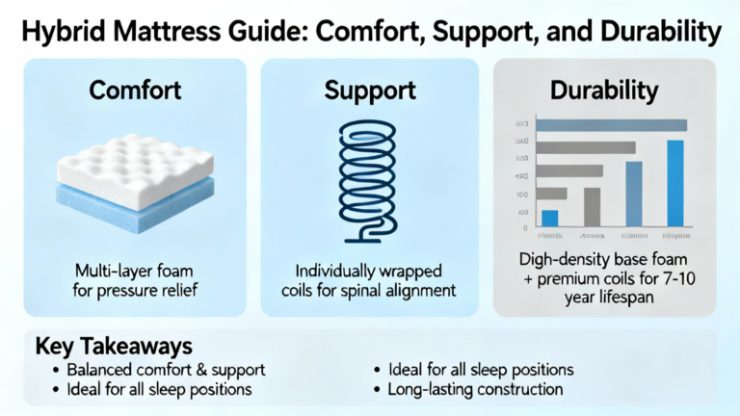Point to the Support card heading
[x=369, y=91]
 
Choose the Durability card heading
[x=604, y=91]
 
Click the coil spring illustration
[x=369, y=173]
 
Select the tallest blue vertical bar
[x=674, y=182]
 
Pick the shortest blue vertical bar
[x=550, y=218]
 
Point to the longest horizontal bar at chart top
[x=611, y=124]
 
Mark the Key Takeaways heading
[x=102, y=346]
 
